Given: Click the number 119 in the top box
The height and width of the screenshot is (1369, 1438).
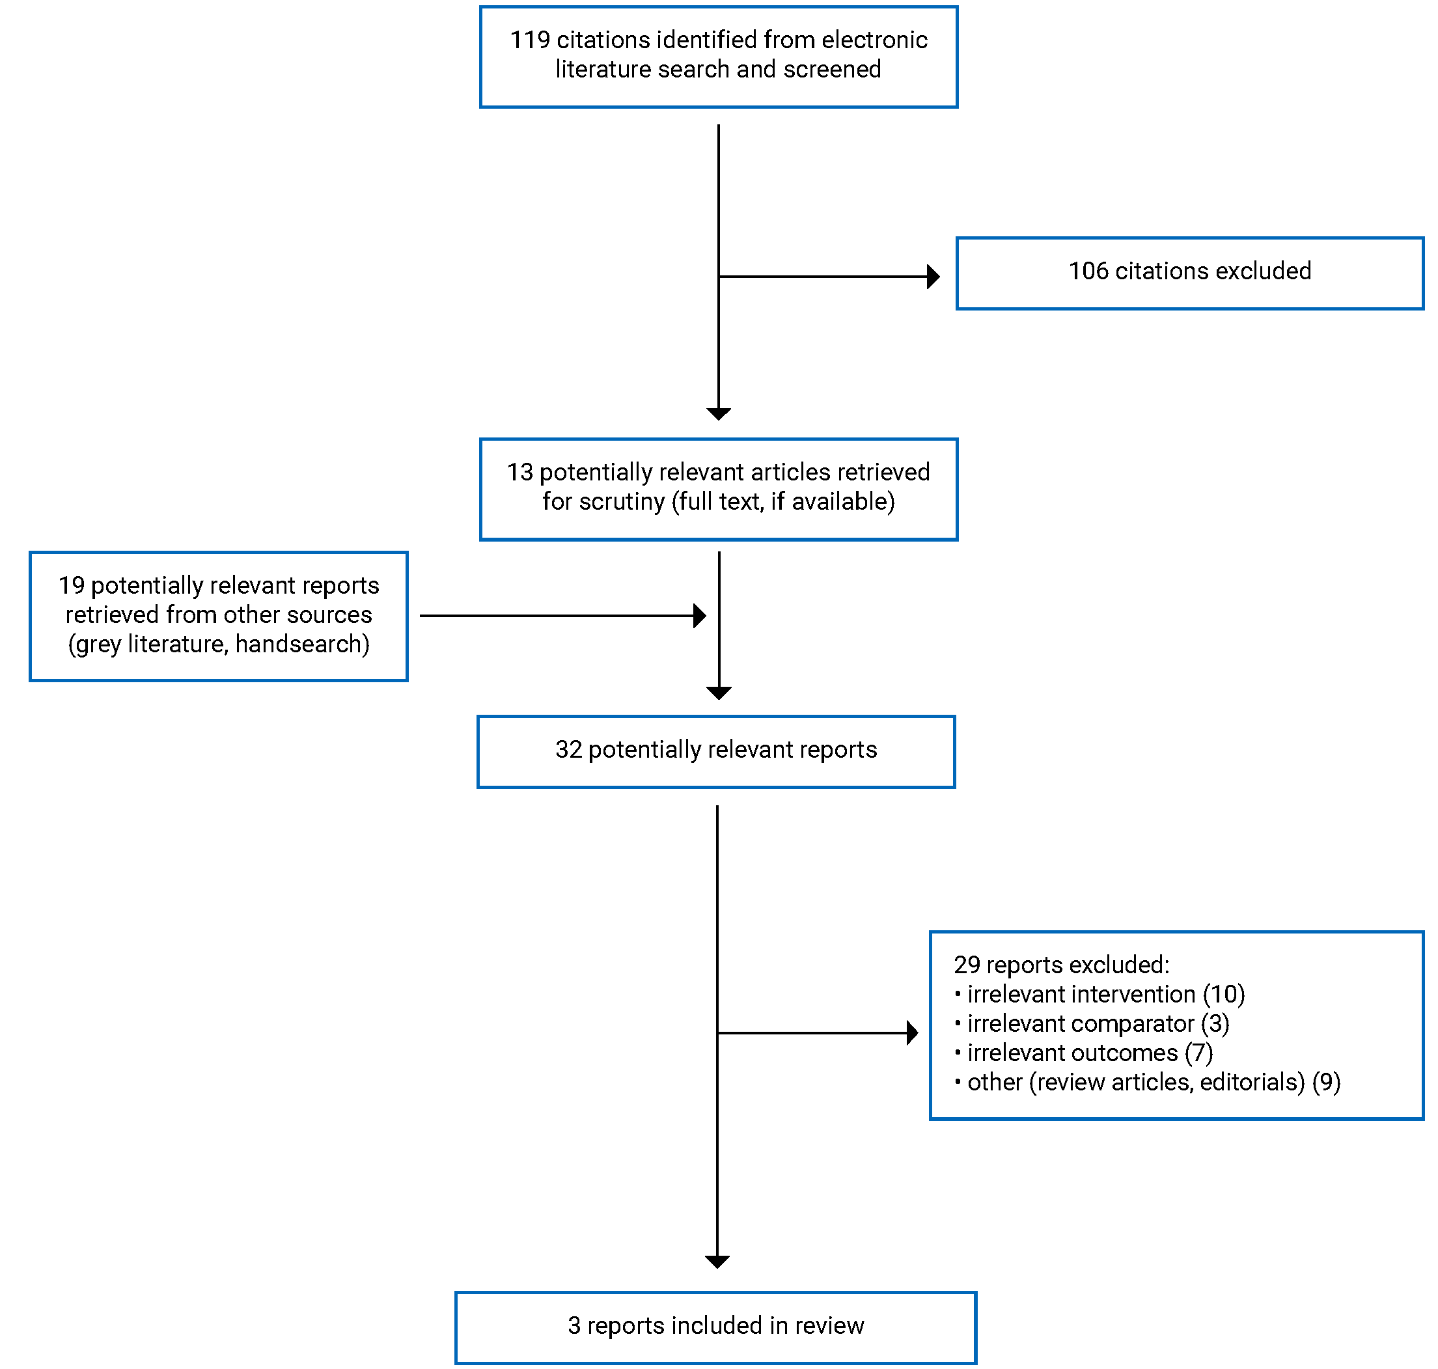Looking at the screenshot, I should [529, 40].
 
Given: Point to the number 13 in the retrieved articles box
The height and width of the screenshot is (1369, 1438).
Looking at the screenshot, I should [519, 472].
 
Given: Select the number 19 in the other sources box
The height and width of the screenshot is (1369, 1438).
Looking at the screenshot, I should [72, 585].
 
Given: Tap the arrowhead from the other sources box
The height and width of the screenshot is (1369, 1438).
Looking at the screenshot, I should [699, 615].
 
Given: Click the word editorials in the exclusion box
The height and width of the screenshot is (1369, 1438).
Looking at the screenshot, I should [1251, 1081].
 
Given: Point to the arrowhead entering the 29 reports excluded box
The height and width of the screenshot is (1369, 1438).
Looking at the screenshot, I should [911, 1032].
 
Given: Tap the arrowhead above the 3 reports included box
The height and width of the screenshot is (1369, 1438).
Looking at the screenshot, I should [717, 1261].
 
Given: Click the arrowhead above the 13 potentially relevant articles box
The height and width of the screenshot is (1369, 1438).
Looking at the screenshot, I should [718, 414].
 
